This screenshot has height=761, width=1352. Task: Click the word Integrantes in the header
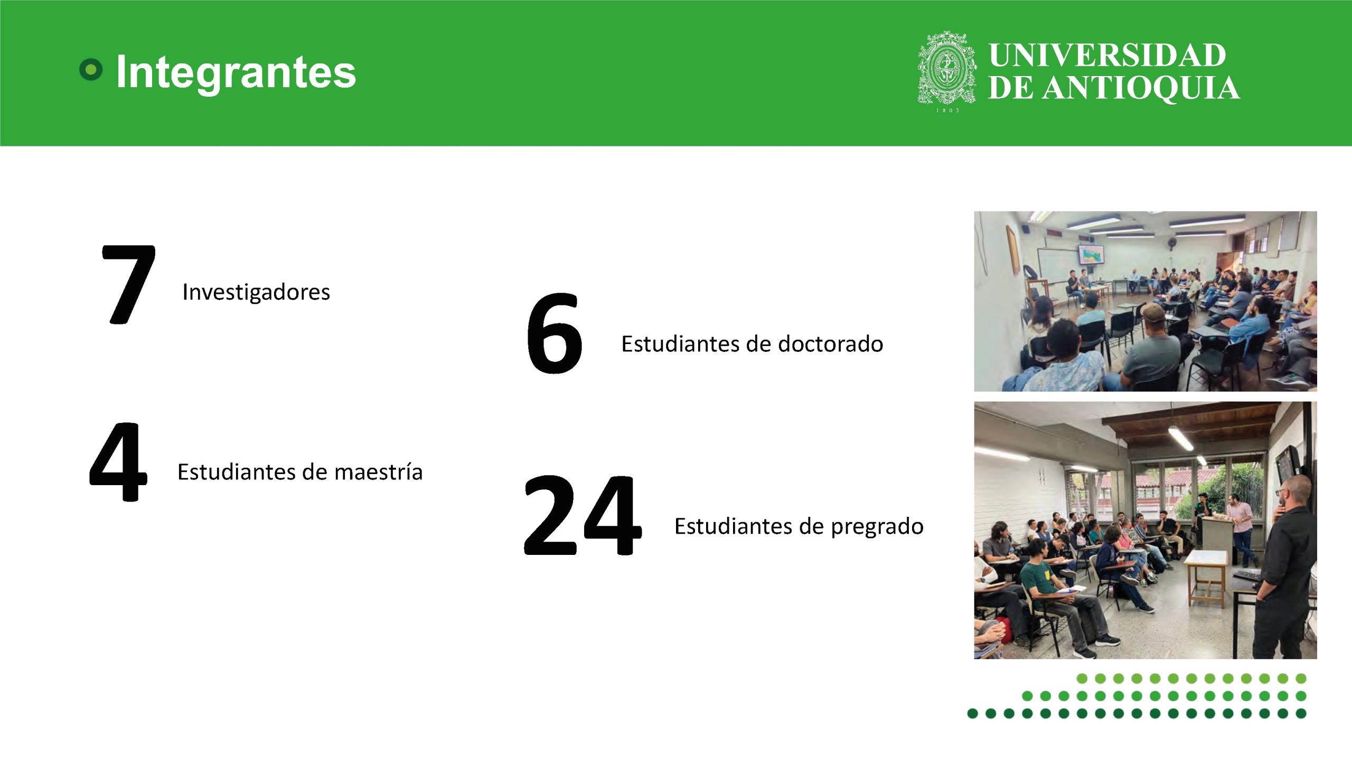[236, 73]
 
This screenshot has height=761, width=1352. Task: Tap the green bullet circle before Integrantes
[91, 69]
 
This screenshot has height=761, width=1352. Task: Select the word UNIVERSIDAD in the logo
[1107, 55]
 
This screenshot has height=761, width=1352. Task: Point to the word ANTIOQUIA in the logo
[1142, 88]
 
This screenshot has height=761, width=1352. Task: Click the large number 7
[128, 284]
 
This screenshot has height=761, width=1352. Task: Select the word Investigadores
[256, 292]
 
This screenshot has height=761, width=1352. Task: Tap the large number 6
[554, 333]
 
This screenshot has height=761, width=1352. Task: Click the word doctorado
[831, 344]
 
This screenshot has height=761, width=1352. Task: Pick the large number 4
[118, 461]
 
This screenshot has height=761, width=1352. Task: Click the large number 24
[583, 515]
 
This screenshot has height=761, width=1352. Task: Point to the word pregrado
[877, 527]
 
